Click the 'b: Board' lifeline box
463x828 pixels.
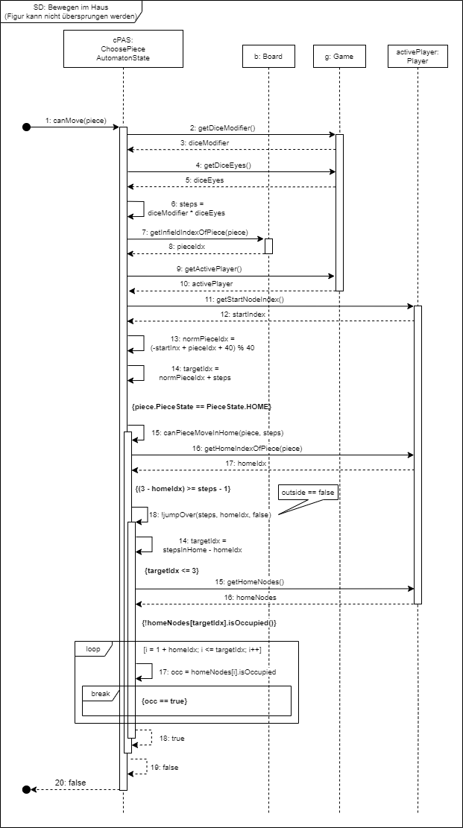click(x=263, y=56)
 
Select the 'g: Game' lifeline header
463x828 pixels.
click(x=339, y=56)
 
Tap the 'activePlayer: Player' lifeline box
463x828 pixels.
click(x=418, y=56)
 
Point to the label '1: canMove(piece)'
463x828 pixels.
click(x=74, y=120)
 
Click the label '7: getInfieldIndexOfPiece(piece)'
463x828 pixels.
click(x=198, y=233)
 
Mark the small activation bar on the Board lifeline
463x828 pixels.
click(x=268, y=246)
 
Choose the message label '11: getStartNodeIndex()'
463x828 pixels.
click(x=250, y=299)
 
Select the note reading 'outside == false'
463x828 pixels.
click(x=307, y=493)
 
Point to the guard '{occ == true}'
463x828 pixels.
click(x=163, y=701)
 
